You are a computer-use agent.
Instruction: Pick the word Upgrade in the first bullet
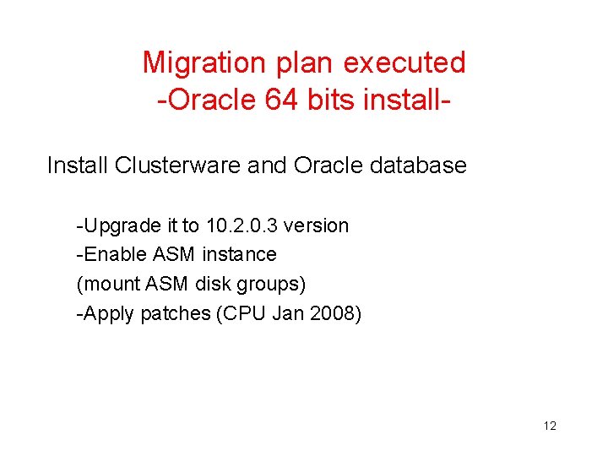point(117,226)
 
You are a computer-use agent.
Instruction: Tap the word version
point(317,226)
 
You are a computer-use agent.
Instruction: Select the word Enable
point(113,254)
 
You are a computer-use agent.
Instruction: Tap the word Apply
point(108,314)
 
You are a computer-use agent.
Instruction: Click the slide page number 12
point(550,426)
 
